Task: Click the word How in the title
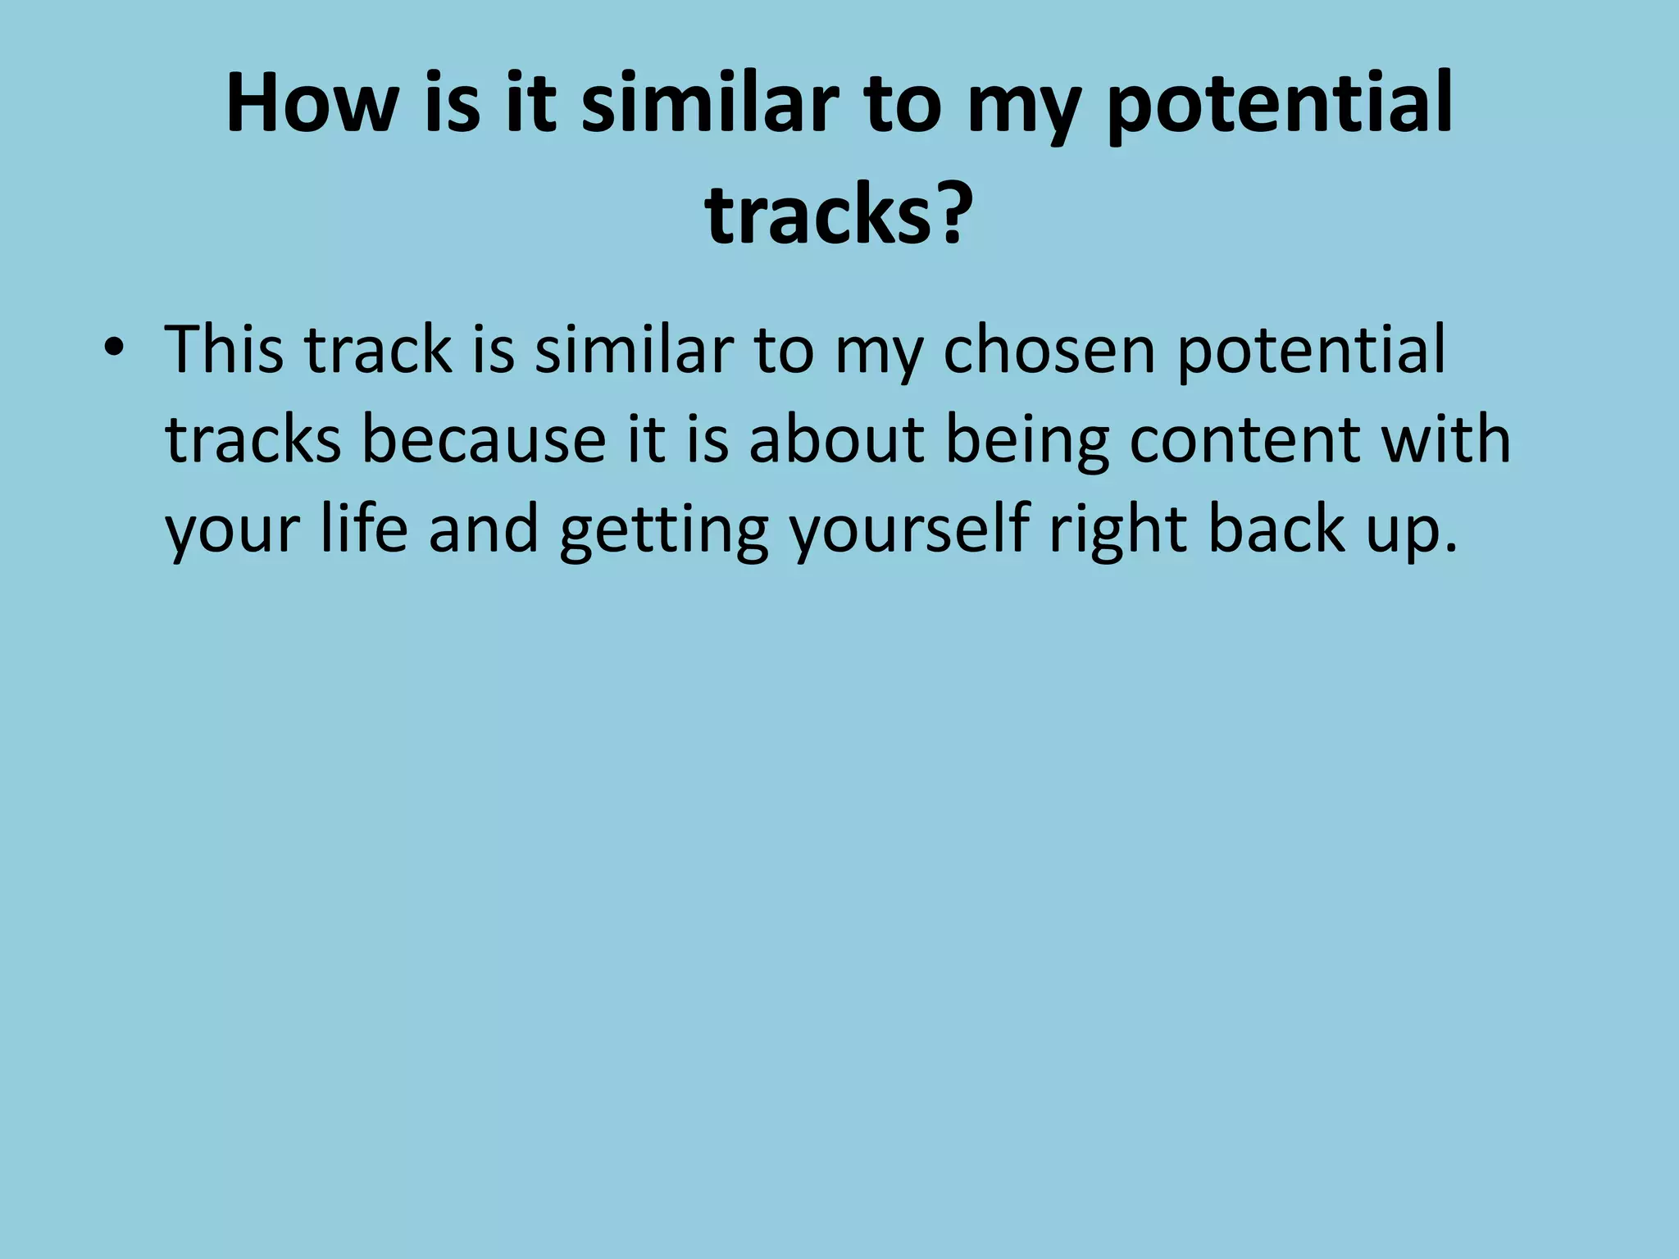(x=309, y=104)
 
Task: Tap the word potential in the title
(x=1280, y=104)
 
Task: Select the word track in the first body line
(x=378, y=351)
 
